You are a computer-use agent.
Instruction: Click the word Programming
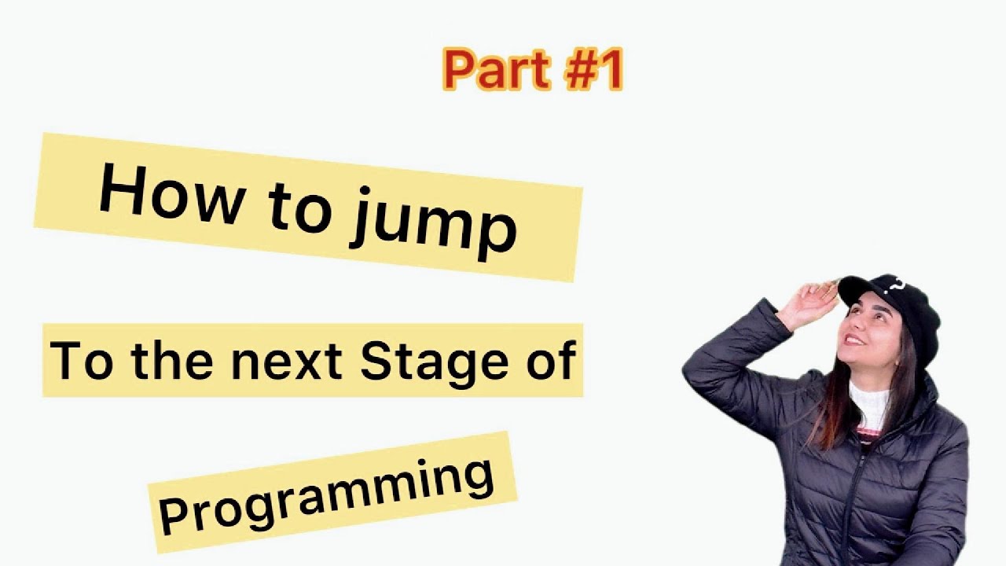pos(326,494)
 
